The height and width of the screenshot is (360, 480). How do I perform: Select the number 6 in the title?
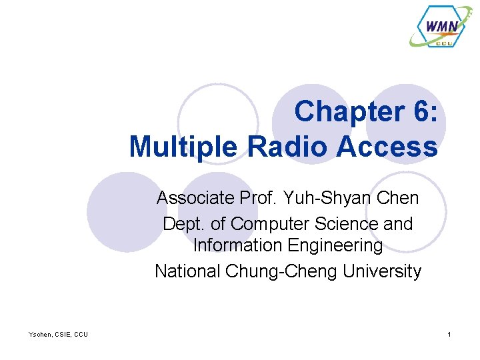[x=419, y=112]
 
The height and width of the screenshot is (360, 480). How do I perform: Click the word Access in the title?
[x=387, y=147]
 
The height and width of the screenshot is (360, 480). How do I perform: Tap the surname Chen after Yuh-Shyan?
[x=399, y=198]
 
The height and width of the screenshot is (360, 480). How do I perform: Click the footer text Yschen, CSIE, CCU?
[x=58, y=334]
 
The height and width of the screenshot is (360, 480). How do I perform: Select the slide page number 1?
[x=449, y=334]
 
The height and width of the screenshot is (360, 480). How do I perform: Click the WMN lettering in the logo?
[x=441, y=27]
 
